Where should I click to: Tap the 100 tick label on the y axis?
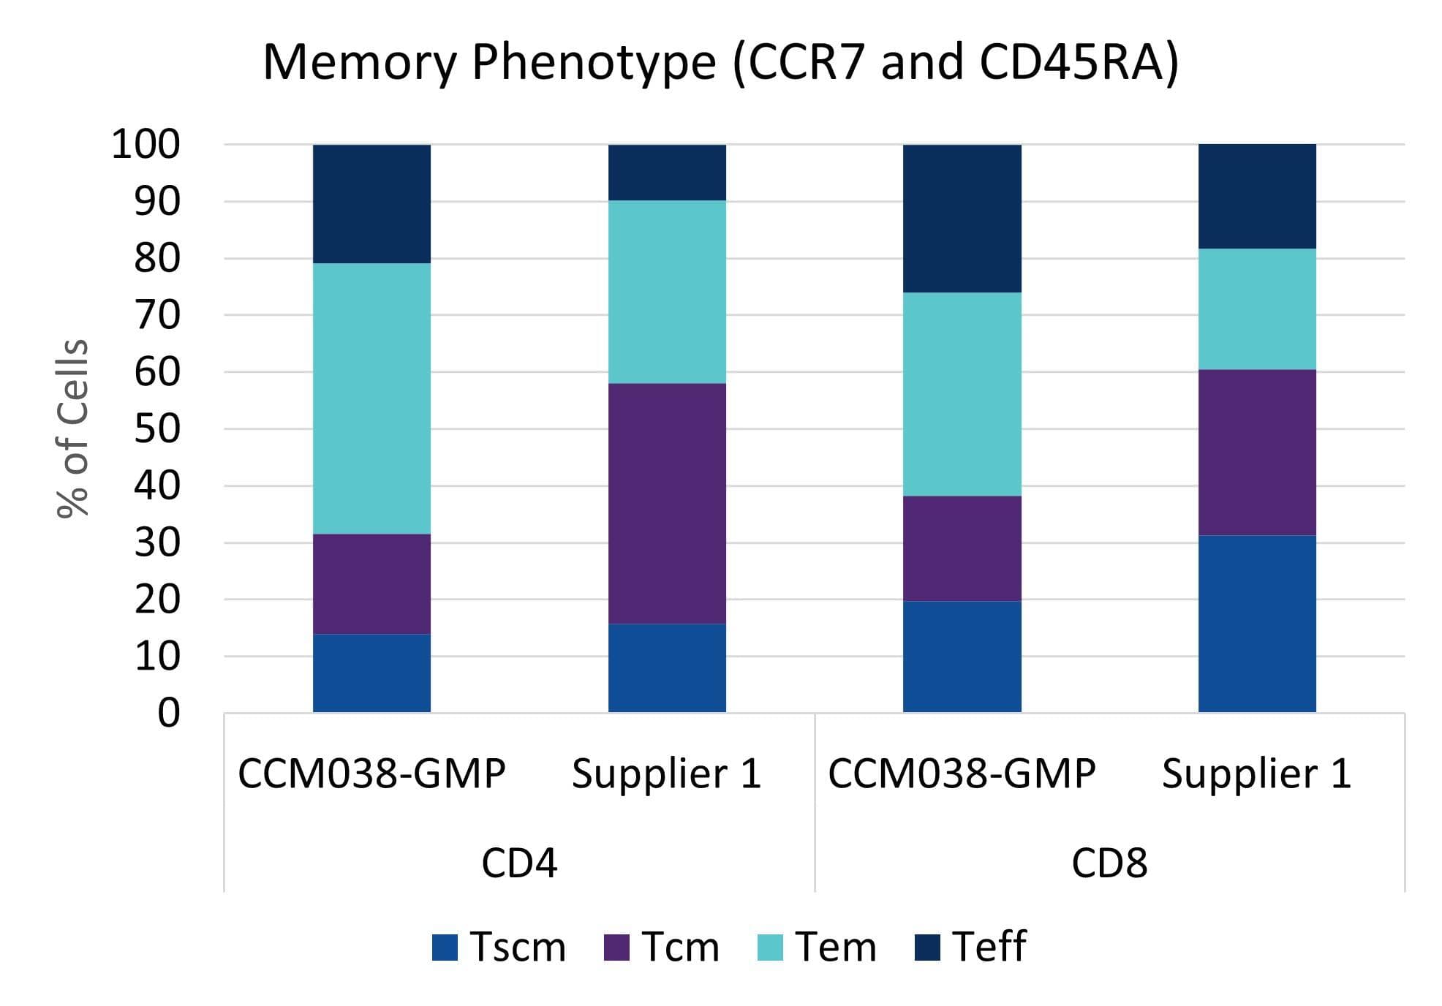click(x=145, y=144)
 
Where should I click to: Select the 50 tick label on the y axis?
click(x=156, y=429)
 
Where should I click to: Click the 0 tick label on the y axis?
click(x=168, y=713)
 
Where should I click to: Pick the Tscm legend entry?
click(x=499, y=948)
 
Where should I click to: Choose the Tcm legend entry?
click(x=662, y=948)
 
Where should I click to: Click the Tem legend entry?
click(x=817, y=948)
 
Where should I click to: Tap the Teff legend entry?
click(x=972, y=948)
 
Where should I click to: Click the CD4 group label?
click(x=519, y=863)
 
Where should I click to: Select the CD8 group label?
click(x=1109, y=863)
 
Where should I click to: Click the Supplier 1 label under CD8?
click(x=1256, y=774)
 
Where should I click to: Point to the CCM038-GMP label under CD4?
click(x=371, y=774)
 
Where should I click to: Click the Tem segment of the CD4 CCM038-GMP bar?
click(x=371, y=398)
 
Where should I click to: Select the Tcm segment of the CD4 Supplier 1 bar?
click(x=667, y=504)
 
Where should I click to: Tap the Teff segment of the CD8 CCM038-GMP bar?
click(x=962, y=219)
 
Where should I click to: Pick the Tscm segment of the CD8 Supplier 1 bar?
click(x=1256, y=624)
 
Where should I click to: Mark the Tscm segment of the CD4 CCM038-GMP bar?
click(x=371, y=673)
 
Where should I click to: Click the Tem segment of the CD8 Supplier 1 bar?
click(x=1256, y=309)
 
